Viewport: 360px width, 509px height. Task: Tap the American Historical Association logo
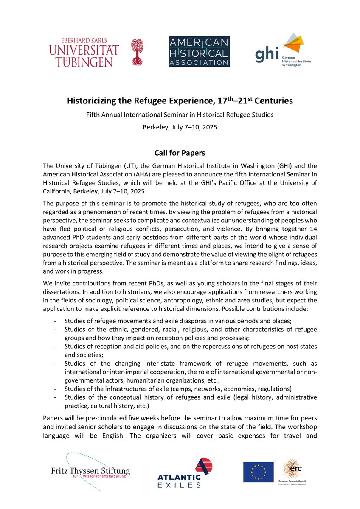(199, 51)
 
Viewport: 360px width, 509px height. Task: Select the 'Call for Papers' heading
(180, 152)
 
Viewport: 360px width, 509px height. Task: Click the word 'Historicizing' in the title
(92, 101)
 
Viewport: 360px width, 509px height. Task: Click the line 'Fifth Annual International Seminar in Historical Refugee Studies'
(180, 115)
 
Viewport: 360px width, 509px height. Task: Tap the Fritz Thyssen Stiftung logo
(89, 471)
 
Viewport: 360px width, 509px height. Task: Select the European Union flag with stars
(258, 472)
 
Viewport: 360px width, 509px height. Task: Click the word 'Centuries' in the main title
(272, 101)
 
